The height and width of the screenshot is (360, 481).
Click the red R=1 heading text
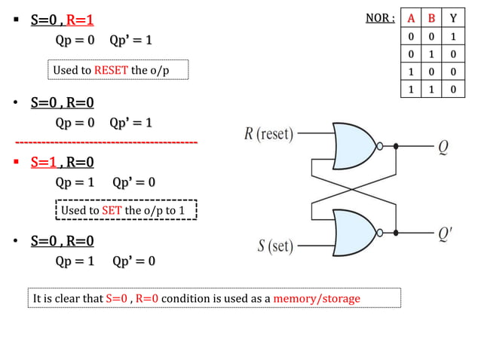80,20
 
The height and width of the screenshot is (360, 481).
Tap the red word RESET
111,70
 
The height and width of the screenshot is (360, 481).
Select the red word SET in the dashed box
112,210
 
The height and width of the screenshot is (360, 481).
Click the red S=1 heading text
44,162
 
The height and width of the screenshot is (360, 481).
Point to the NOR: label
380,18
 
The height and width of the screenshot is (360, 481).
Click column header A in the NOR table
411,18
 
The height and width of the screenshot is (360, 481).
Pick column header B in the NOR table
431,18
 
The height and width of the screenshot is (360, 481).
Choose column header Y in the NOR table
453,18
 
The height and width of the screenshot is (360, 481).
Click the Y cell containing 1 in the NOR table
453,37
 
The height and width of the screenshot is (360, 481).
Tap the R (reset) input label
268,134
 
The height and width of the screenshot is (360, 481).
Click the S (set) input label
275,246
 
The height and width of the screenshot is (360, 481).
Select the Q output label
443,148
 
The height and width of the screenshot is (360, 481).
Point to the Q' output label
445,234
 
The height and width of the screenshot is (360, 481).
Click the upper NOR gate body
353,146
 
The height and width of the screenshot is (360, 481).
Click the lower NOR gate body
353,233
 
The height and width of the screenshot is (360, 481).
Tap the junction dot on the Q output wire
396,146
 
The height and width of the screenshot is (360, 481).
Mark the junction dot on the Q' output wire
396,233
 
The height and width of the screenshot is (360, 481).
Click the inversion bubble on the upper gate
380,146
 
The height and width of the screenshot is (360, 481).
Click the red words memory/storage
317,298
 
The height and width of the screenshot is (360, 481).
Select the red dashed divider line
106,142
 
